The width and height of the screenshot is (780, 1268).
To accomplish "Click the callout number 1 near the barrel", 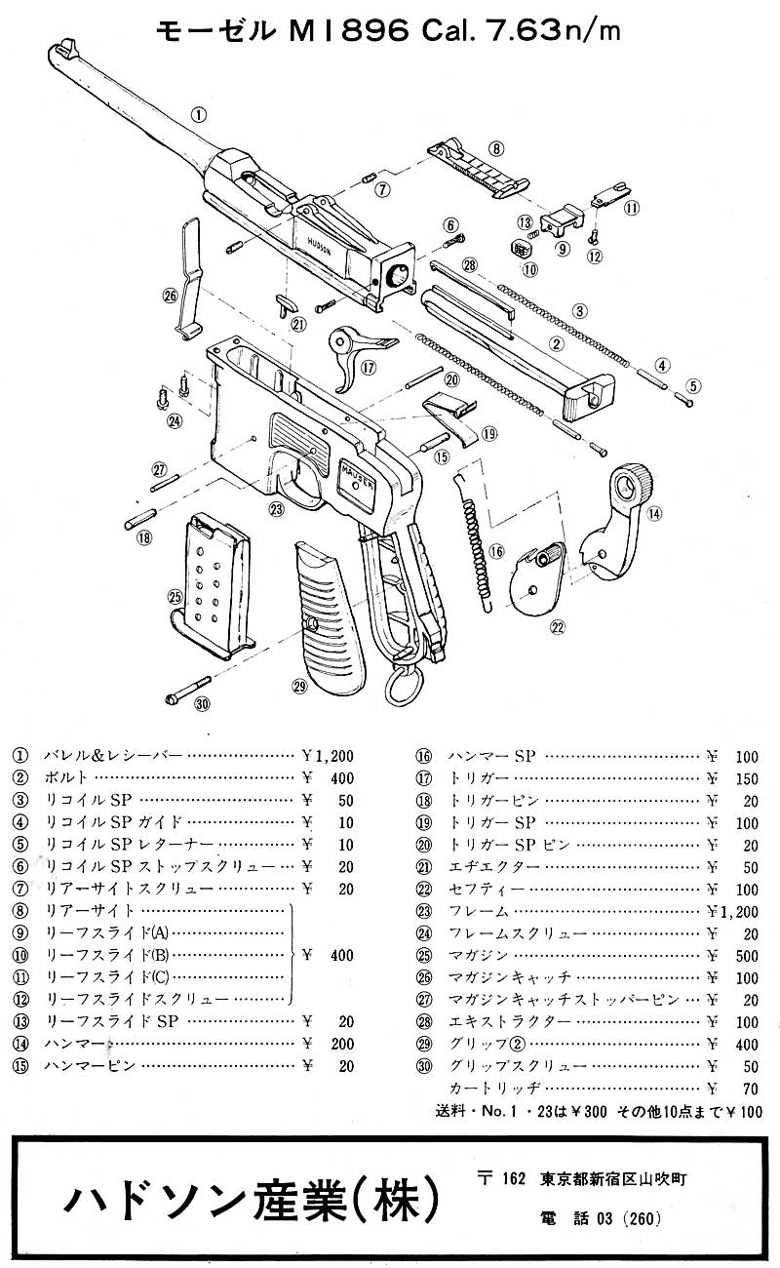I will coord(199,114).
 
